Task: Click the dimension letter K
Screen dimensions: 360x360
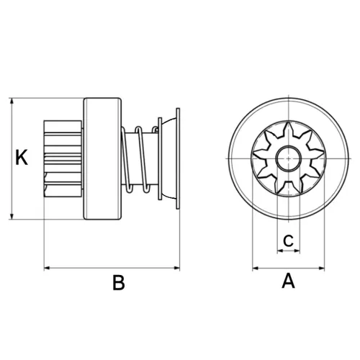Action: click(22, 157)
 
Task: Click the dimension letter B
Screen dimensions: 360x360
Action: click(119, 282)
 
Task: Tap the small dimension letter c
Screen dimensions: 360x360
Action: click(288, 240)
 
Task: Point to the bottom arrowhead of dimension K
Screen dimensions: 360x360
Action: click(12, 216)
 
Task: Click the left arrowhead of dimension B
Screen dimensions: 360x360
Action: click(47, 268)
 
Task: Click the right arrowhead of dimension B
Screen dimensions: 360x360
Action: click(177, 268)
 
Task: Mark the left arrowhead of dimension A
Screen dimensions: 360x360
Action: click(256, 268)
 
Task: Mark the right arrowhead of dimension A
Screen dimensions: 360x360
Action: click(321, 268)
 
